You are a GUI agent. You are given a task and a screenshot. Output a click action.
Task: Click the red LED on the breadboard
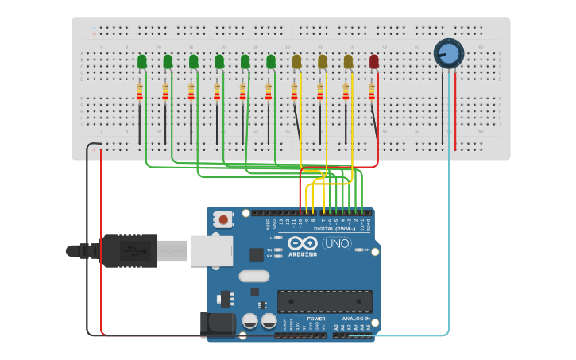pos(374,61)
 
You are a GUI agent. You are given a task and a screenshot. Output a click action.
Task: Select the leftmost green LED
pos(142,61)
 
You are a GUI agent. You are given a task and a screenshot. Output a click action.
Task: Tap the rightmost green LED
pos(271,61)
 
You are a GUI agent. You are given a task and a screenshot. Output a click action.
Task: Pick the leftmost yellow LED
pos(297,61)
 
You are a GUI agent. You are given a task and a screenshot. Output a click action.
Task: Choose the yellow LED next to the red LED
pos(348,61)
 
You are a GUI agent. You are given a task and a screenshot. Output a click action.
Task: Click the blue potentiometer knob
pos(448,53)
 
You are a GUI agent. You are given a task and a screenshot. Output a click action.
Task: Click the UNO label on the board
pos(335,244)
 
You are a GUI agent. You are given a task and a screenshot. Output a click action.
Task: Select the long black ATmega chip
pos(324,301)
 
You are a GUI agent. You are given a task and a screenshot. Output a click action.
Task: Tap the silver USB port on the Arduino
pos(211,250)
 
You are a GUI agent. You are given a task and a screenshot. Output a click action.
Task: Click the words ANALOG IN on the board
pos(350,319)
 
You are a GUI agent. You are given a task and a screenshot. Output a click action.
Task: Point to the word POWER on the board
pos(315,319)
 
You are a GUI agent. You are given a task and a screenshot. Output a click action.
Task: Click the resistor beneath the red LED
pos(371,93)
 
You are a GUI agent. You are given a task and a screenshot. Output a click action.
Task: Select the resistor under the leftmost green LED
pos(140,93)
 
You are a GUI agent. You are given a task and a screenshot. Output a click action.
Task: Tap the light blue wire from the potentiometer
pos(449,238)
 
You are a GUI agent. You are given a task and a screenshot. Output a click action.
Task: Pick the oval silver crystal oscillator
pos(254,277)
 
